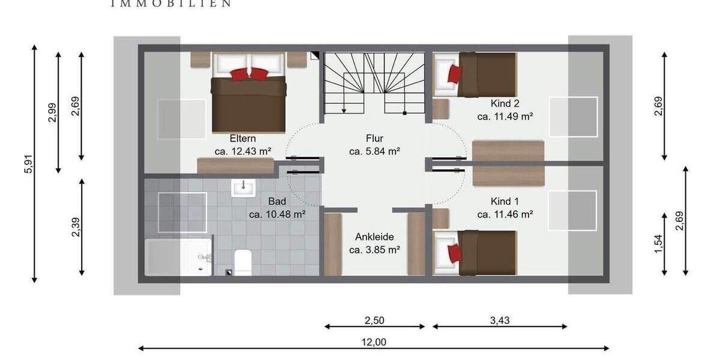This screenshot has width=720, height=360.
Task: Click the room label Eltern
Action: click(x=243, y=137)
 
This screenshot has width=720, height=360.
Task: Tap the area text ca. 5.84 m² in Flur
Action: click(x=374, y=152)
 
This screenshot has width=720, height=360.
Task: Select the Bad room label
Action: click(x=277, y=201)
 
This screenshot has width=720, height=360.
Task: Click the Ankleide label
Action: click(x=374, y=236)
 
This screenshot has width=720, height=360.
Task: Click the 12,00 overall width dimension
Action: click(x=373, y=342)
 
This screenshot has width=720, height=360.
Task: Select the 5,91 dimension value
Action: click(x=26, y=163)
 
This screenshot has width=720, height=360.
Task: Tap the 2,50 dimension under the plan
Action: click(x=374, y=320)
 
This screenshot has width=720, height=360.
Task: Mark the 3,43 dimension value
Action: click(x=499, y=320)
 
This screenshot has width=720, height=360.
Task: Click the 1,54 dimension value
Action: click(x=659, y=244)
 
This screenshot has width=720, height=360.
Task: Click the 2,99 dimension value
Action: click(x=51, y=112)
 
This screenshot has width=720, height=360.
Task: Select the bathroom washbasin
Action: click(x=244, y=188)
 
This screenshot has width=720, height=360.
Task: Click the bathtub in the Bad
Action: click(x=178, y=257)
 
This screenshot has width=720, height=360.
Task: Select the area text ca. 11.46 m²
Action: click(x=505, y=214)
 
